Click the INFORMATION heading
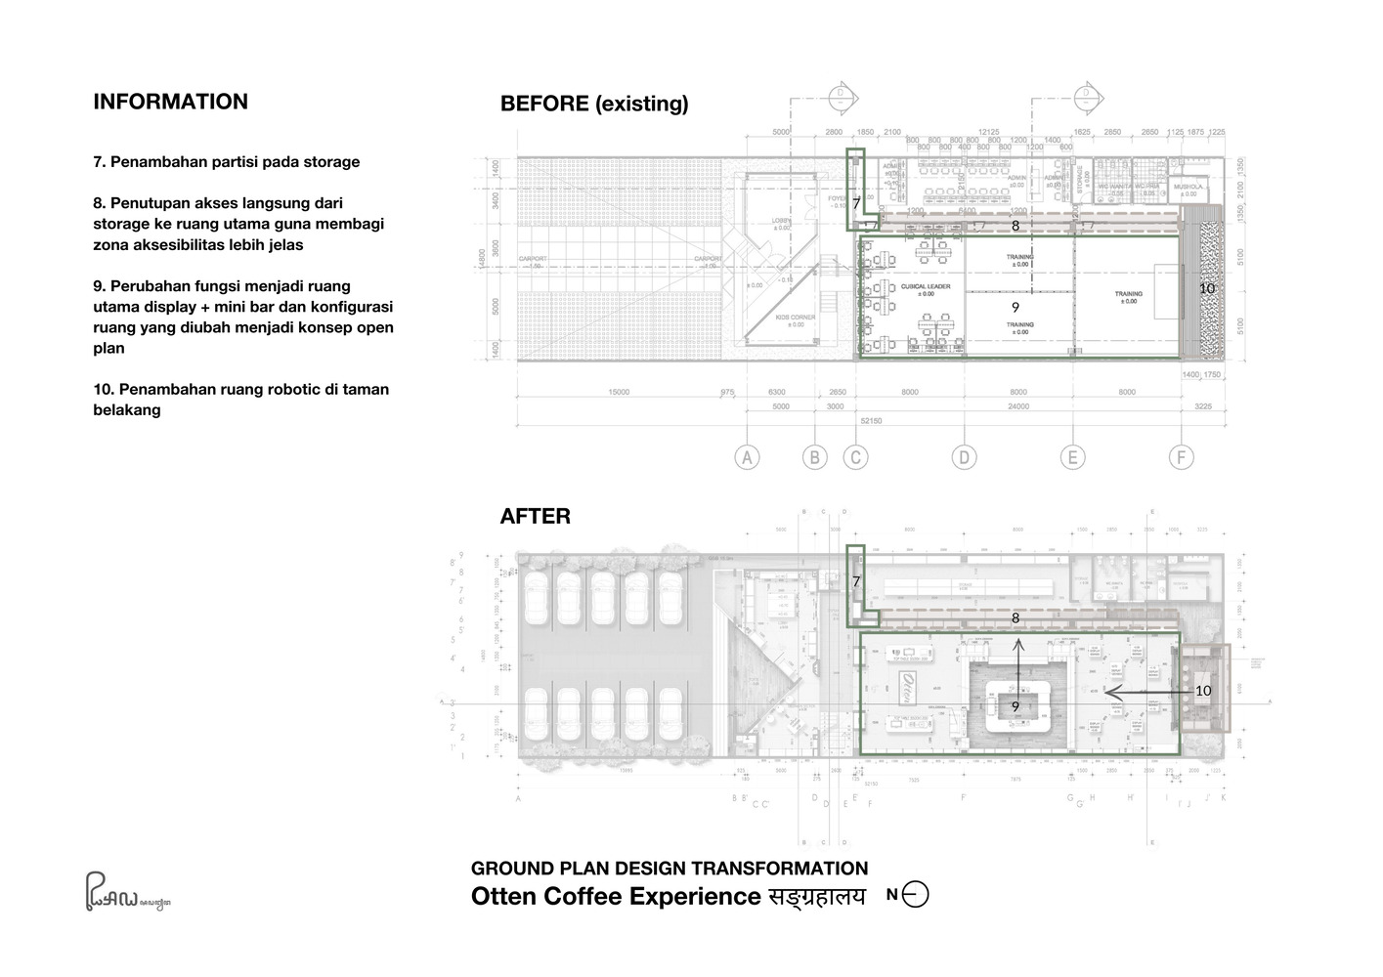point(170,102)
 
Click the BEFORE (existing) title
point(593,104)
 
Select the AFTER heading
point(535,516)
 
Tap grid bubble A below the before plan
point(747,456)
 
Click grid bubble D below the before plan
point(964,456)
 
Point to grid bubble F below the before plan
point(1181,456)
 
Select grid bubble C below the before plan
point(855,456)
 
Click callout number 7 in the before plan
point(856,204)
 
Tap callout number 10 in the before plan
point(1206,288)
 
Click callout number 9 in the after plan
point(1015,706)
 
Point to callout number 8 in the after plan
point(1015,617)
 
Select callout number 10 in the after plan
point(1202,690)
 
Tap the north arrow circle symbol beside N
point(916,894)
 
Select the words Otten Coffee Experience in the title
point(615,896)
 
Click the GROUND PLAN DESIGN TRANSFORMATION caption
point(669,868)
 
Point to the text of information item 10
point(240,399)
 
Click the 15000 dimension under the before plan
point(618,392)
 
